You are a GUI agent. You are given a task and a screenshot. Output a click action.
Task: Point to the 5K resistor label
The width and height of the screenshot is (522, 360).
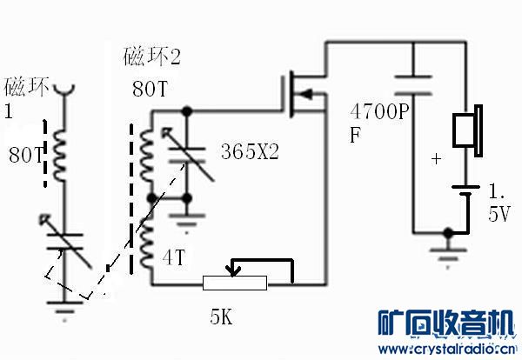222,317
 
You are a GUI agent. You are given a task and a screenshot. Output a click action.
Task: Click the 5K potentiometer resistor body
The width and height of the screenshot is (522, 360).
234,283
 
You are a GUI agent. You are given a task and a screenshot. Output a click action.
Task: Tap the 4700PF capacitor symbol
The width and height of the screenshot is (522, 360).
413,84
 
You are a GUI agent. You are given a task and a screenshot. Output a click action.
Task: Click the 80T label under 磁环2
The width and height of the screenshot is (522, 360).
149,90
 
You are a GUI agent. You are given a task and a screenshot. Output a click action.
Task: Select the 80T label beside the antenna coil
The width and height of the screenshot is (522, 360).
24,156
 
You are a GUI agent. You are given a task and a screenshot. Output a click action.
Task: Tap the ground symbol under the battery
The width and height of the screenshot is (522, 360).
447,248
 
